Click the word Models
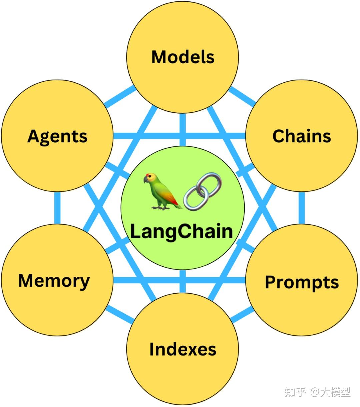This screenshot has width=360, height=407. [183, 57]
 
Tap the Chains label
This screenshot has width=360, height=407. [301, 136]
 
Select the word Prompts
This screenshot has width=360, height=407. [302, 282]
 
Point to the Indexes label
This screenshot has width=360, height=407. [183, 349]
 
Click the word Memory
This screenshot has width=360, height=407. [54, 281]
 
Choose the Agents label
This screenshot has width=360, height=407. [57, 136]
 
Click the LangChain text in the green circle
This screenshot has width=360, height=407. [181, 231]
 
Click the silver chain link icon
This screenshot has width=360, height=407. [203, 191]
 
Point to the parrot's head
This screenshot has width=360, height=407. [150, 178]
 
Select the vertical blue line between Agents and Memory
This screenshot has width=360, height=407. [57, 208]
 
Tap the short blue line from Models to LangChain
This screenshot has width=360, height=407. [182, 130]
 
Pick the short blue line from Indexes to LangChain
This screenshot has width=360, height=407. [182, 282]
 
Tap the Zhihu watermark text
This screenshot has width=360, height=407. [317, 392]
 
